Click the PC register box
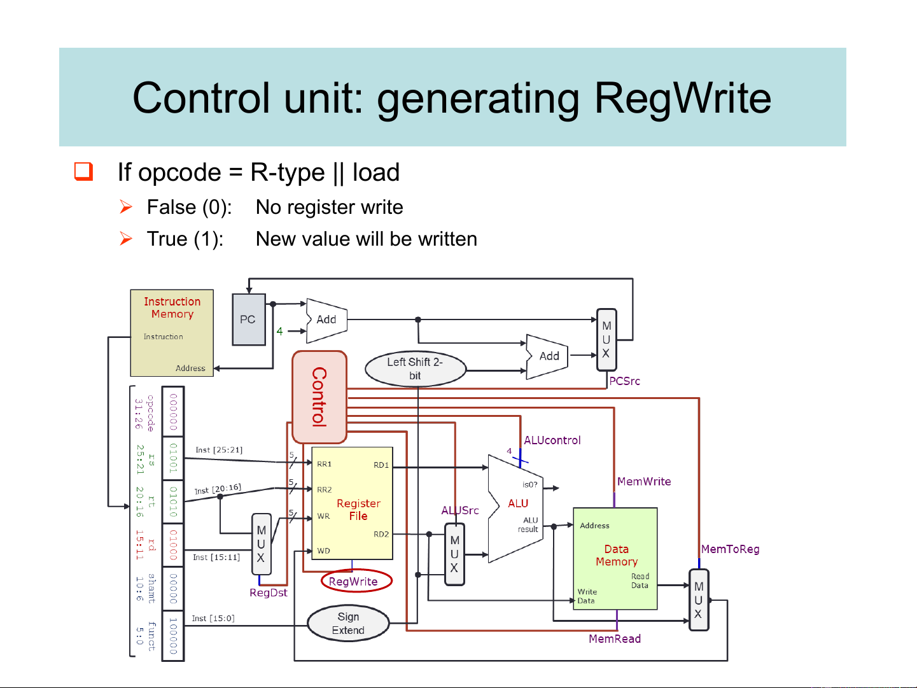click(x=248, y=319)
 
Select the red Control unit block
click(x=319, y=397)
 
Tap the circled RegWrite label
click(x=354, y=581)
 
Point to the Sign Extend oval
click(x=348, y=623)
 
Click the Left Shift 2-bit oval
click(x=415, y=369)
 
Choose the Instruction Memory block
click(x=172, y=333)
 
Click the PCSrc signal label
click(x=624, y=381)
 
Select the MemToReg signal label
click(x=730, y=549)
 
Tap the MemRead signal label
click(x=614, y=638)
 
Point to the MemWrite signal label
click(x=643, y=481)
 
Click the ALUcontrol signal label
click(x=552, y=440)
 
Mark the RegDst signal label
click(x=268, y=593)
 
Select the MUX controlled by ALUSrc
click(x=454, y=554)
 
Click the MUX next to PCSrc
click(x=606, y=339)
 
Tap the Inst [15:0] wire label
click(x=213, y=618)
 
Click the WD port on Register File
click(x=324, y=551)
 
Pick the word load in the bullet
click(x=375, y=172)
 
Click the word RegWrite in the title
click(x=682, y=98)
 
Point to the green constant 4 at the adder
click(x=279, y=331)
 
